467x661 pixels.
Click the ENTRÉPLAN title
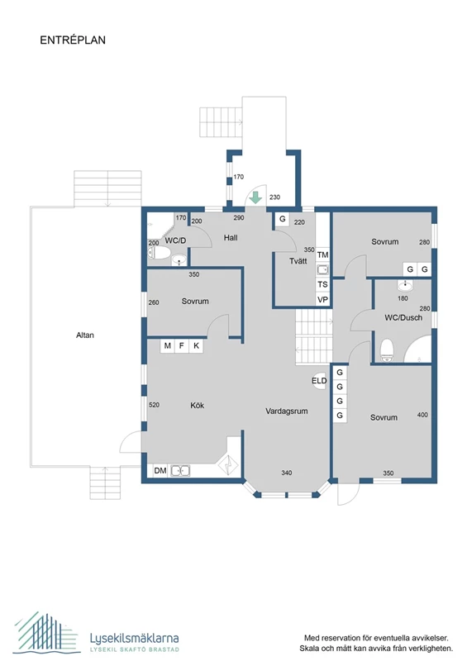[73, 40]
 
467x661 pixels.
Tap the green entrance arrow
[255, 197]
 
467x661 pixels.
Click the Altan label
[85, 335]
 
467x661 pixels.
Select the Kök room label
[197, 405]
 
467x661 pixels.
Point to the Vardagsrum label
[287, 411]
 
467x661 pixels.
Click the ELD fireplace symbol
[319, 381]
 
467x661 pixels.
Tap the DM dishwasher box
[160, 470]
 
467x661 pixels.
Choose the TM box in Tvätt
[322, 254]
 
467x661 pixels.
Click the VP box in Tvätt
[322, 300]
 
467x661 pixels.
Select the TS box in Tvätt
[322, 284]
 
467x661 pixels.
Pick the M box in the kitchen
[168, 345]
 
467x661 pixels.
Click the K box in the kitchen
[196, 345]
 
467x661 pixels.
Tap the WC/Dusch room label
[403, 318]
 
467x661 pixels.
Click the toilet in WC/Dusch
[387, 350]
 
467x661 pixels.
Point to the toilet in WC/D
[159, 253]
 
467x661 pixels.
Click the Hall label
[231, 238]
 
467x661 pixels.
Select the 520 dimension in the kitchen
[154, 405]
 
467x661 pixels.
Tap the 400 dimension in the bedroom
[422, 415]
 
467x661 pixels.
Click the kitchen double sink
[180, 470]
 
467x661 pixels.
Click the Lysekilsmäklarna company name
[134, 638]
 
